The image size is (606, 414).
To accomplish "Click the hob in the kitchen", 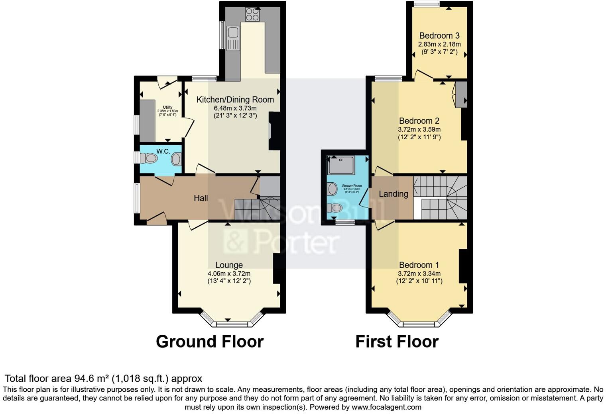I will (252, 15).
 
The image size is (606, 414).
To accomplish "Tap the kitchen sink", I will (233, 38).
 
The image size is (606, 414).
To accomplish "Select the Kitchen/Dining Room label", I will (235, 100).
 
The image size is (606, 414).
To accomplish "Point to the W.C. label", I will (163, 151).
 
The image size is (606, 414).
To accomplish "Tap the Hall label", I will (201, 198).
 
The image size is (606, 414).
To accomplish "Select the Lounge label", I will (229, 265).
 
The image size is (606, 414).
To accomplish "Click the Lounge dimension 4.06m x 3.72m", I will (229, 273).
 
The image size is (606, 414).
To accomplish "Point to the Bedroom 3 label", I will (439, 36).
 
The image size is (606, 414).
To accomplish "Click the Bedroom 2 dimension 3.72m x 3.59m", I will (419, 129).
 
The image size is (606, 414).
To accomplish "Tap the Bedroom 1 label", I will (419, 265).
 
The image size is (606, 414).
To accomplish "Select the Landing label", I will (393, 194).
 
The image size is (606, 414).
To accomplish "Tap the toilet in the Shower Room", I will (335, 208).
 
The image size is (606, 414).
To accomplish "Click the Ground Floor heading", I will (210, 342).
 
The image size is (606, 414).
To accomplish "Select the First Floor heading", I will (397, 342).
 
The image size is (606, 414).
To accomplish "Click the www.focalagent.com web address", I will (386, 407).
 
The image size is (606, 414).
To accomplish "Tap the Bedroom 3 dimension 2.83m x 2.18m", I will (439, 44).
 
